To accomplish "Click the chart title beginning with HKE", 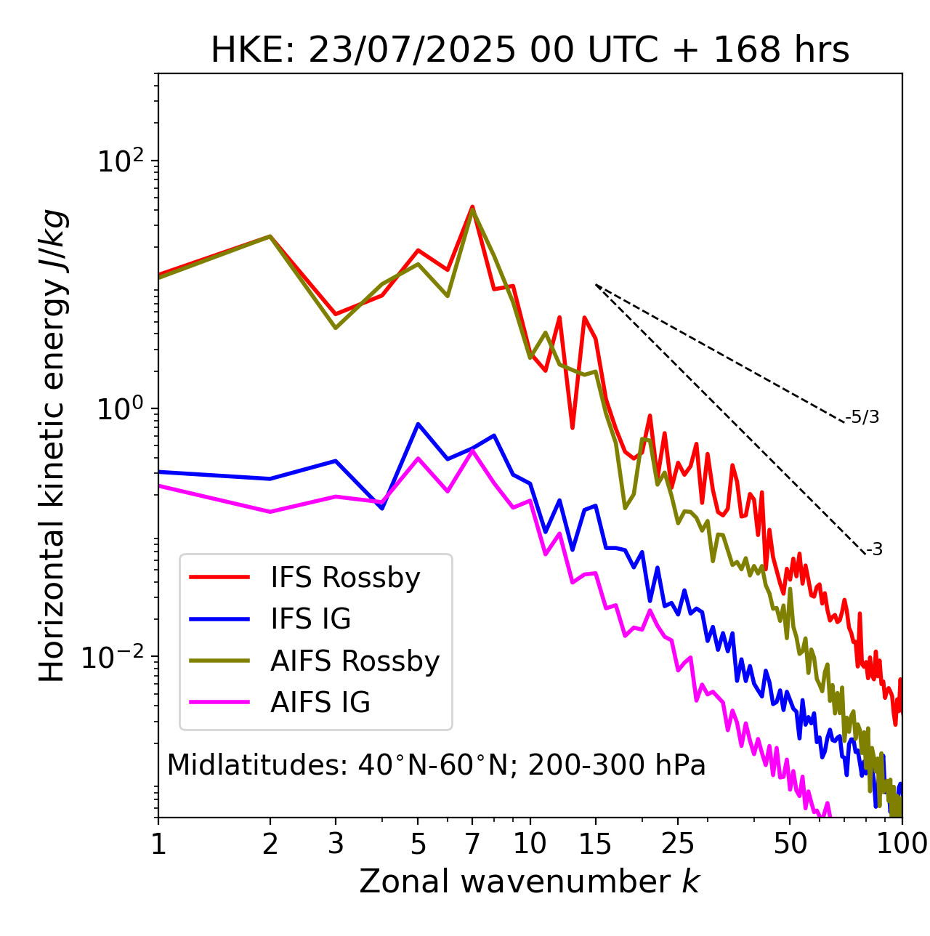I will click(530, 50).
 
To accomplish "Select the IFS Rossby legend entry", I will click(345, 578).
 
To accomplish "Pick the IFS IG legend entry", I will click(310, 619).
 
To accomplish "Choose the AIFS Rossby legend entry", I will click(355, 661).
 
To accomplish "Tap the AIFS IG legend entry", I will click(320, 703).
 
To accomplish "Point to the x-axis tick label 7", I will click(472, 844).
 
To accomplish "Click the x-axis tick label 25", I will click(678, 844).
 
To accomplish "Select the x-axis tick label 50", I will click(790, 844).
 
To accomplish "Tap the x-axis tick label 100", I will click(902, 844).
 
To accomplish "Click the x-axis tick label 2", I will click(270, 844).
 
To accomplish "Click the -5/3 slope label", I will click(862, 417).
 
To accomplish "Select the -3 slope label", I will click(874, 550).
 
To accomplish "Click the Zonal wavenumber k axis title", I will click(530, 881).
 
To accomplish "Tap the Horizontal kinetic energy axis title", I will click(52, 445).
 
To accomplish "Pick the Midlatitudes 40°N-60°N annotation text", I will click(436, 765).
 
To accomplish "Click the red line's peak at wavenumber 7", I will click(472, 207).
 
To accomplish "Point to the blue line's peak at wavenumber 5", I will click(418, 424).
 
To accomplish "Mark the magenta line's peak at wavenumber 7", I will click(472, 451).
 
